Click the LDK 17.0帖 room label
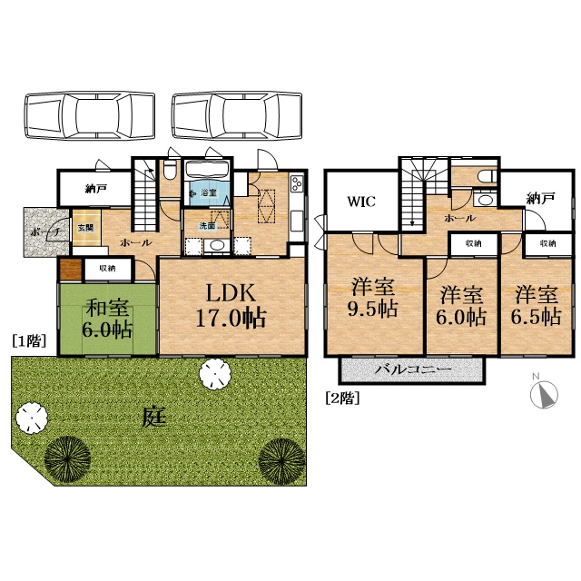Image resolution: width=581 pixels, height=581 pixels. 231,305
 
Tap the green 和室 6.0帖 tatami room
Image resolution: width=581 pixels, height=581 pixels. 107,319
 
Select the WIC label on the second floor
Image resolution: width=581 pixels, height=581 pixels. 361,202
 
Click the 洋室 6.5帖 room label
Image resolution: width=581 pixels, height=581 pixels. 537,306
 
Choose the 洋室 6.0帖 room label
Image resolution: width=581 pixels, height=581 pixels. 461,306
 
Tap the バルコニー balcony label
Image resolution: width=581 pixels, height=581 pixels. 413,369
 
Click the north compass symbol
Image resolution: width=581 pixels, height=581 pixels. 544,393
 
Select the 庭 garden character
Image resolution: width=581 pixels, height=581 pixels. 154,417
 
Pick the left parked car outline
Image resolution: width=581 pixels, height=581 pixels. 90,115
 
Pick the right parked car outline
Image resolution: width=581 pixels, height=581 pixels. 237,115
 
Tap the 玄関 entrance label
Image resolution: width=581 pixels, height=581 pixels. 86,228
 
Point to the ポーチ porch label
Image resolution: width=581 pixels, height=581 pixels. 45,232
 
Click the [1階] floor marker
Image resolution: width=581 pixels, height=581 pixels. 29,341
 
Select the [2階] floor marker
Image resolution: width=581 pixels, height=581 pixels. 342,399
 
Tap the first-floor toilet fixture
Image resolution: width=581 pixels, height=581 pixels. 171,170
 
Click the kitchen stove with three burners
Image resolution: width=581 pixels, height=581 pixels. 297,183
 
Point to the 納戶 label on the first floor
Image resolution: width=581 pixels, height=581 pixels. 96,189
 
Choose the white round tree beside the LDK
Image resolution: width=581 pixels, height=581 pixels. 215,374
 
